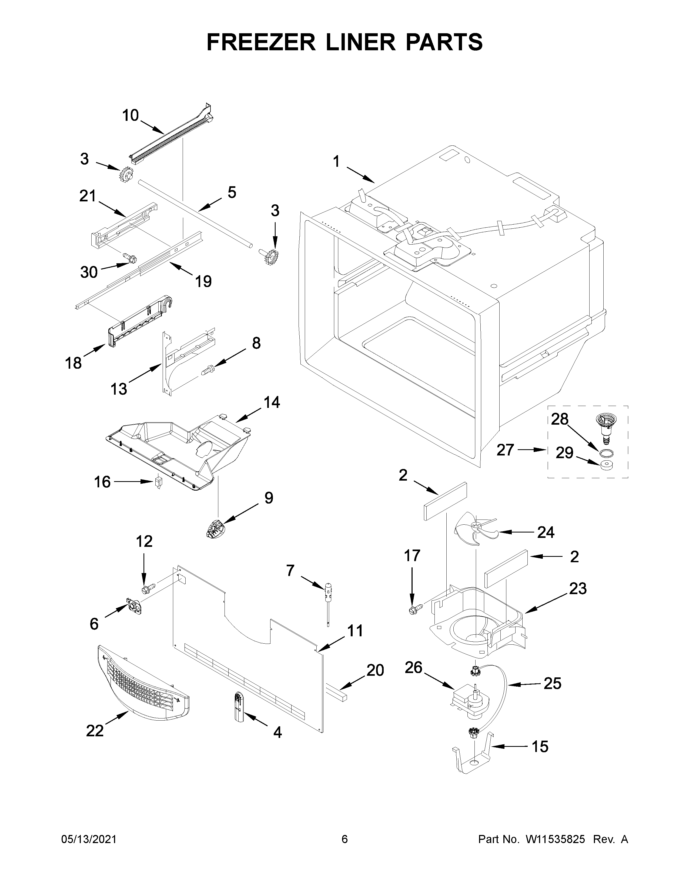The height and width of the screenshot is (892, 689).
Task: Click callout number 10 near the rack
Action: (131, 116)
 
